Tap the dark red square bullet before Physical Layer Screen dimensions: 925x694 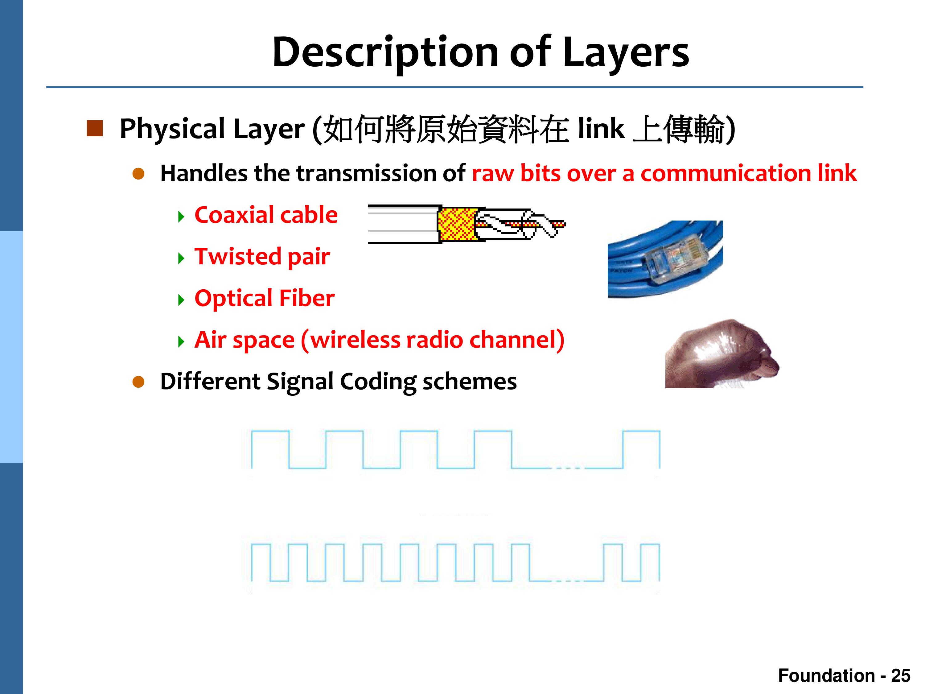(95, 128)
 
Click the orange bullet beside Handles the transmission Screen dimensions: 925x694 (138, 174)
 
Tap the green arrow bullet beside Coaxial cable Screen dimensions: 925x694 (181, 217)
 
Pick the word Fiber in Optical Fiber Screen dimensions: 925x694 (306, 298)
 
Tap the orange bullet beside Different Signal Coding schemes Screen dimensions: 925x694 (138, 382)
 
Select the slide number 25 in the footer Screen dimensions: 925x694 (901, 675)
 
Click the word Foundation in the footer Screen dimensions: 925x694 (826, 675)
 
